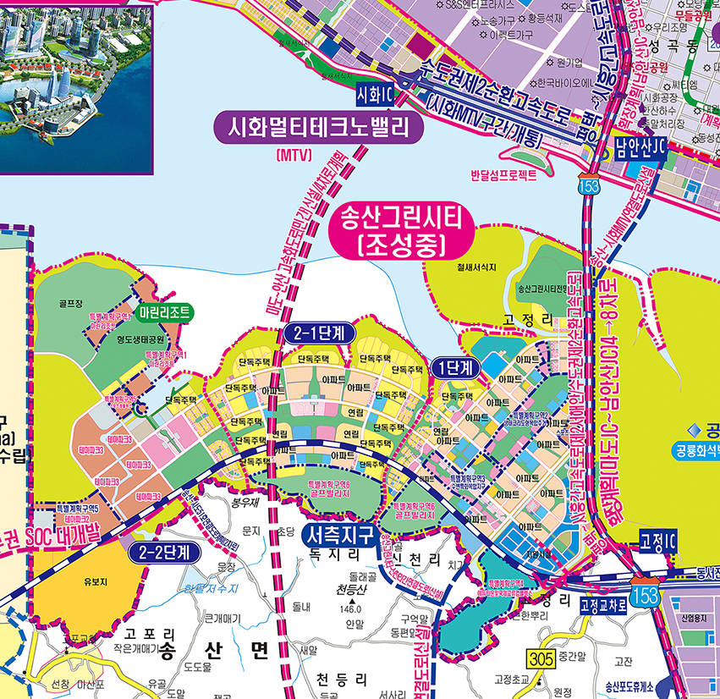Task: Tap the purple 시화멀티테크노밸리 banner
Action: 317,129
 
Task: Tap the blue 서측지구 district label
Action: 339,535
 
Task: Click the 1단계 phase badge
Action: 455,367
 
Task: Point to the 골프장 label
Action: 69,301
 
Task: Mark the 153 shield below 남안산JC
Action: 585,184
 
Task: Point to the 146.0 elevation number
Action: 350,610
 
